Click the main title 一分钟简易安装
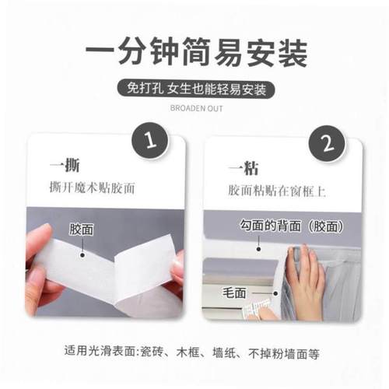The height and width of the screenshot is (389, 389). pos(194,54)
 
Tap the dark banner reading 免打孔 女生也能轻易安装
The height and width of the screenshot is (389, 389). pos(195,88)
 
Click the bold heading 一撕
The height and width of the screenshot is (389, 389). pos(65,166)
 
